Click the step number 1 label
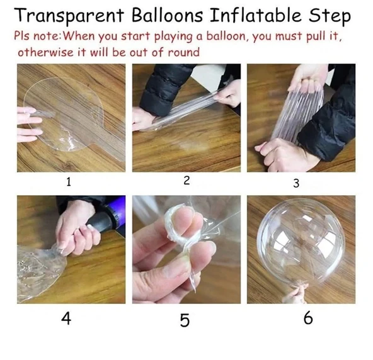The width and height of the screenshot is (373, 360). [x=68, y=183]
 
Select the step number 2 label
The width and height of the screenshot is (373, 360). [x=186, y=181]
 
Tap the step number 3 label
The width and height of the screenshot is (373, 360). [x=296, y=183]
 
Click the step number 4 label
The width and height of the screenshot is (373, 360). [x=66, y=318]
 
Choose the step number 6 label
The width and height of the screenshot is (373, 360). [x=308, y=318]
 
